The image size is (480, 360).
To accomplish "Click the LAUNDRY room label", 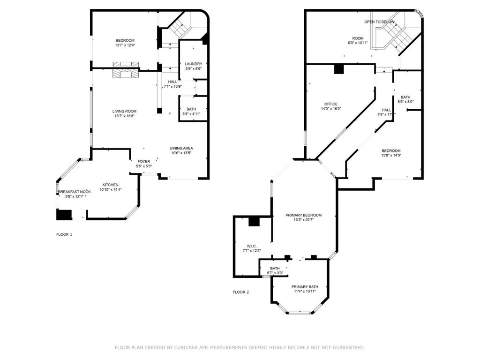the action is click(x=194, y=64).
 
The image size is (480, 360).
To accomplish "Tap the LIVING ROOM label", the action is click(x=124, y=112).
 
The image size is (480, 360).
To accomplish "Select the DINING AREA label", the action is click(x=181, y=148).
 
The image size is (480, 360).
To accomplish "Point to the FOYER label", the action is click(x=144, y=161).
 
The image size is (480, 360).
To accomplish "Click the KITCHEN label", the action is click(x=110, y=185).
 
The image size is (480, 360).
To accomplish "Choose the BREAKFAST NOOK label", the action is click(x=75, y=192).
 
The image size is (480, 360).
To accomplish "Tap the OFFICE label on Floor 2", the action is click(x=331, y=104).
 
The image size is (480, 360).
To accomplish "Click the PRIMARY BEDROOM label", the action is click(x=304, y=215).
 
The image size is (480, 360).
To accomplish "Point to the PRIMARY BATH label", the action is click(x=305, y=287).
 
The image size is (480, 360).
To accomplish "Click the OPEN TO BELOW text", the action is click(x=379, y=22).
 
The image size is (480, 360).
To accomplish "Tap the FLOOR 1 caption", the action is click(x=64, y=235).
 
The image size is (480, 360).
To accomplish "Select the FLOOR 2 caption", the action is click(x=241, y=292).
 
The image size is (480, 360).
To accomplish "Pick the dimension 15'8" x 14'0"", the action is click(x=391, y=155).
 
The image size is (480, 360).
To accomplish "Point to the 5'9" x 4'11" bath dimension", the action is click(x=191, y=114).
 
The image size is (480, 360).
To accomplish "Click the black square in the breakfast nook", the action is click(x=64, y=215).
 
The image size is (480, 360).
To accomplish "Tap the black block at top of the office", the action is click(x=339, y=69).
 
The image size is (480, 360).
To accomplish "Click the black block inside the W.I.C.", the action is click(x=254, y=221).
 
